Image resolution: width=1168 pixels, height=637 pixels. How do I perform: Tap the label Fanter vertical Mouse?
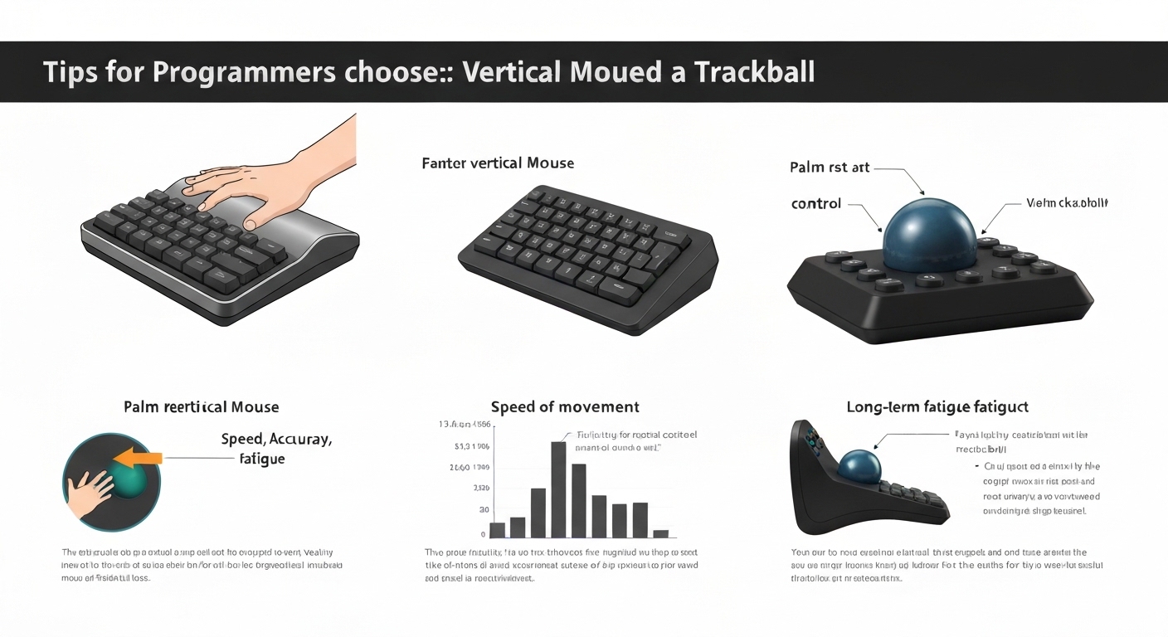pos(498,163)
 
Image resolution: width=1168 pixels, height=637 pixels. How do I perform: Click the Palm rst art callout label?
pos(830,168)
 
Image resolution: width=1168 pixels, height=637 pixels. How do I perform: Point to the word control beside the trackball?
pos(816,203)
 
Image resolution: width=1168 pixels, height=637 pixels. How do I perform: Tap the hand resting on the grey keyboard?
pos(241,187)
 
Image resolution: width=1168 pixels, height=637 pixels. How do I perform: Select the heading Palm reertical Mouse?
pos(201,407)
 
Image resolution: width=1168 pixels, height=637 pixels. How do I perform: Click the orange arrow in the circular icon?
pos(140,457)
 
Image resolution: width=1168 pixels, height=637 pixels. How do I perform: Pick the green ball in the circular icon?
pos(131,482)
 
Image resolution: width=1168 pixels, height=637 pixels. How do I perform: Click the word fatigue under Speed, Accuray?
pos(261,459)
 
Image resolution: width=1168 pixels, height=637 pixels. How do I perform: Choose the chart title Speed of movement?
pos(565,407)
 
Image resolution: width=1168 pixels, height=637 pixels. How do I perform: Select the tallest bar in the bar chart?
pos(559,489)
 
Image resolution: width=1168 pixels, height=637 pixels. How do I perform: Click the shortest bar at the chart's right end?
pos(660,533)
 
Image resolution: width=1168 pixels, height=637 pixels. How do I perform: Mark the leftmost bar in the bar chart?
pos(498,530)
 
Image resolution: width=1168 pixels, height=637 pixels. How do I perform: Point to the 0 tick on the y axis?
pos(483,535)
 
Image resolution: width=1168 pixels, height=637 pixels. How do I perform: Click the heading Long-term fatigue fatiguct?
pos(937,407)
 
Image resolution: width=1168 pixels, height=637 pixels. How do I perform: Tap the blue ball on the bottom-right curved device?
pos(859,466)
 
